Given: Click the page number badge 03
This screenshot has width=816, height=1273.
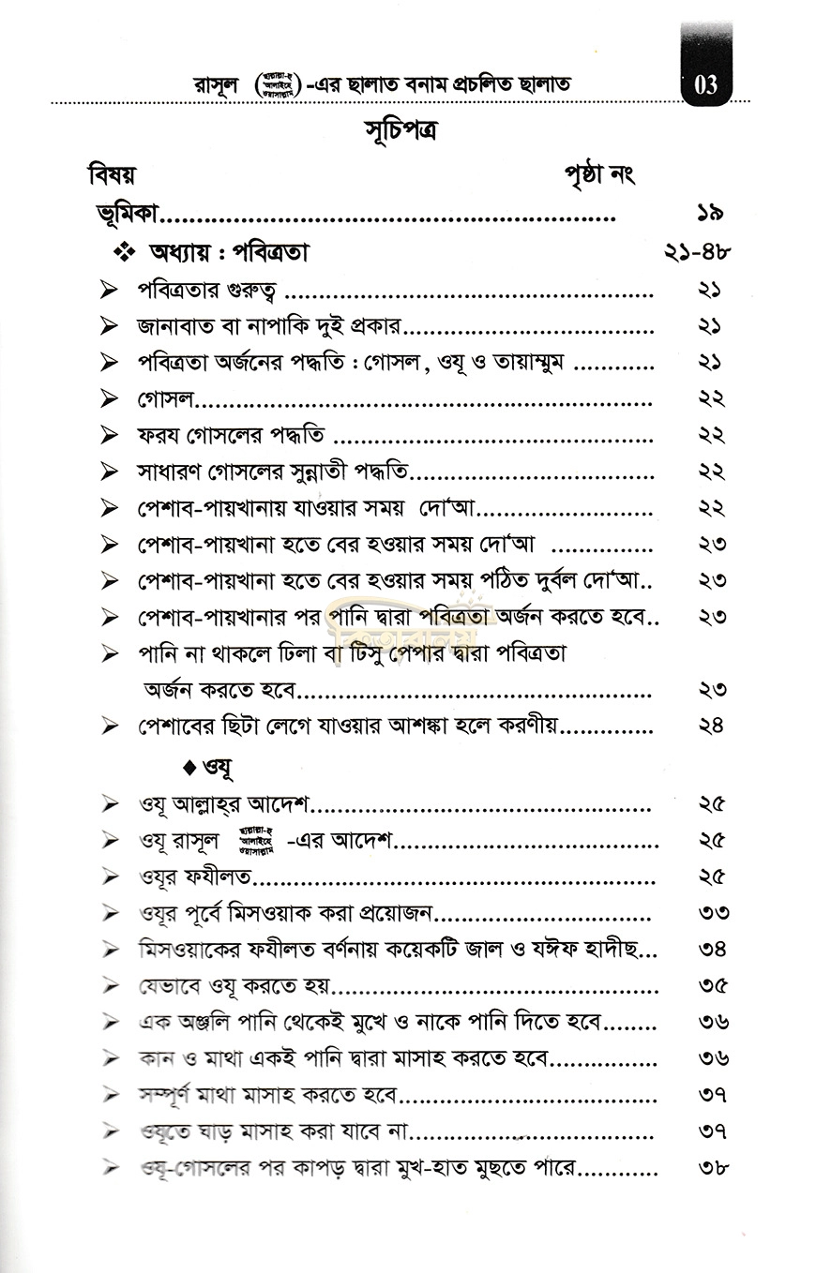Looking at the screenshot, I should [x=706, y=85].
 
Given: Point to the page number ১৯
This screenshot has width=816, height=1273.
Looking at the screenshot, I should [x=711, y=214].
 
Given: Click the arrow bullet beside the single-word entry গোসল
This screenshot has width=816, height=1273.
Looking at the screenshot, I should [x=111, y=400].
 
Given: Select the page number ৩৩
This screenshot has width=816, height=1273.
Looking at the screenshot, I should [x=713, y=912].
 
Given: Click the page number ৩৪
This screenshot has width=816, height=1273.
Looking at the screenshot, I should [x=713, y=949].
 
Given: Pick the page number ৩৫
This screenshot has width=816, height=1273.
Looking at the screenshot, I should [x=713, y=985].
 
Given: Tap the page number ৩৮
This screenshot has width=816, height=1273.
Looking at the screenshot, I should [x=713, y=1168].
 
